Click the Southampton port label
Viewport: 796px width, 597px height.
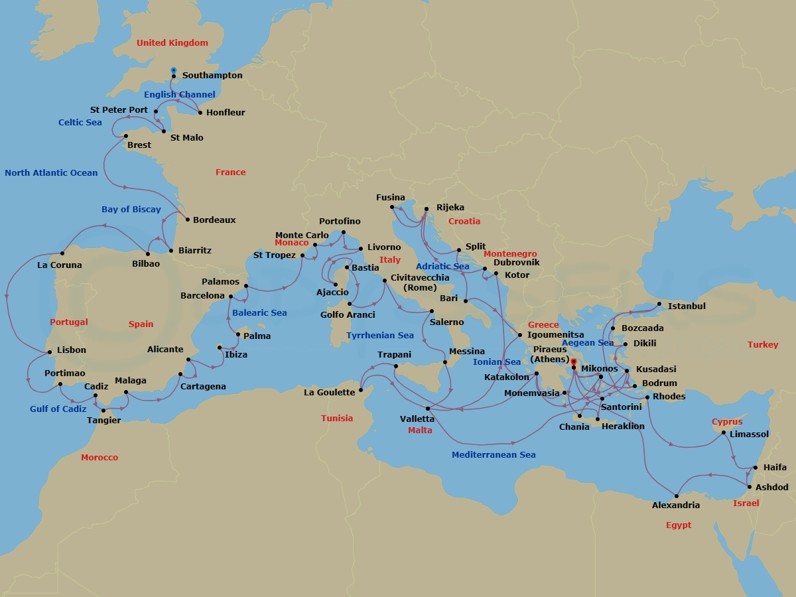click(x=212, y=76)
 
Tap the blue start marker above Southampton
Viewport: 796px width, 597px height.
click(x=174, y=70)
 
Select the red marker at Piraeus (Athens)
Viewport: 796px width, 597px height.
click(x=574, y=362)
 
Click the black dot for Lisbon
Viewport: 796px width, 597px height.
click(x=49, y=352)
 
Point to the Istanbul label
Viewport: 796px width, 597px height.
click(x=687, y=306)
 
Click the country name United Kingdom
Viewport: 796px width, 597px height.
click(x=172, y=43)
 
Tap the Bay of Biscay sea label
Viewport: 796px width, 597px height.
click(x=131, y=210)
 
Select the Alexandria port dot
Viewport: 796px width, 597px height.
click(x=676, y=496)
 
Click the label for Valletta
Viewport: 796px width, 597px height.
click(x=417, y=419)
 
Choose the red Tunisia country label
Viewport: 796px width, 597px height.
click(x=337, y=419)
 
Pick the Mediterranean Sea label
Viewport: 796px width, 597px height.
click(x=494, y=455)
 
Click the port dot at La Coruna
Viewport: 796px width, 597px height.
click(x=62, y=253)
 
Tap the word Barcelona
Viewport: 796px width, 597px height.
click(x=202, y=296)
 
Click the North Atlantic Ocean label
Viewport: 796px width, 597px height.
click(x=51, y=173)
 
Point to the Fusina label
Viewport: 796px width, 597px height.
click(x=390, y=198)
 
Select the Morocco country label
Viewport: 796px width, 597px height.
click(x=99, y=458)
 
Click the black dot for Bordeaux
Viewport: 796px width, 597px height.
click(x=188, y=220)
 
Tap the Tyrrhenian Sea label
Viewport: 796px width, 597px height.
click(x=380, y=336)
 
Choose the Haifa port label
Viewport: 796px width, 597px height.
click(x=775, y=468)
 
